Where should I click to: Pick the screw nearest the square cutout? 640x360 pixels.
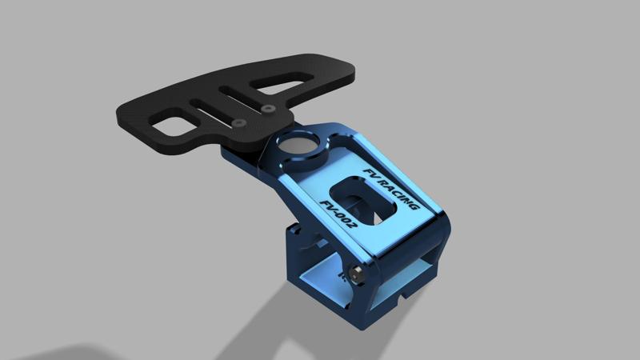(240, 122)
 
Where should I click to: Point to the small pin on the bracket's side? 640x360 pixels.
(357, 274)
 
